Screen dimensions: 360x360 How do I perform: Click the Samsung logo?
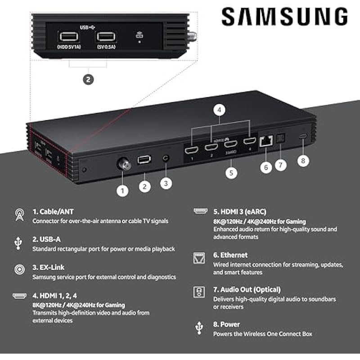[284, 17]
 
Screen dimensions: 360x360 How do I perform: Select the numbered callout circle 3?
[166, 183]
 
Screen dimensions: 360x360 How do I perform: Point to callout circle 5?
[231, 172]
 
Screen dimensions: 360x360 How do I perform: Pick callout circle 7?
[280, 165]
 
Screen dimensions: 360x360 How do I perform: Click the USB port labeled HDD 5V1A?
[67, 36]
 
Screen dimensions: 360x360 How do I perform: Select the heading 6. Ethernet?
[230, 255]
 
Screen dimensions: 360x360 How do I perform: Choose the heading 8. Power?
[226, 324]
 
